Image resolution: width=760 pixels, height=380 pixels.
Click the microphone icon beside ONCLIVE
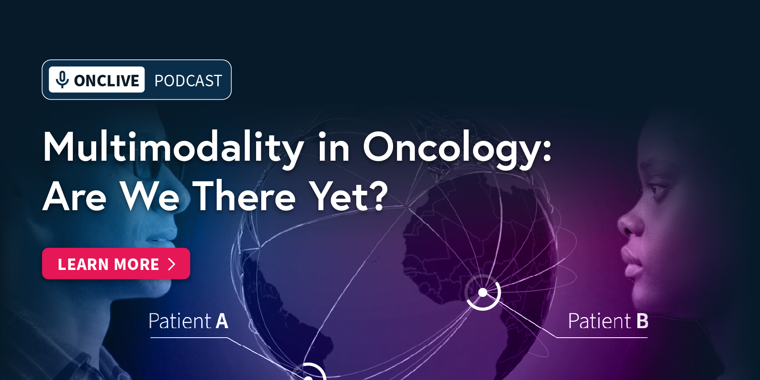62,79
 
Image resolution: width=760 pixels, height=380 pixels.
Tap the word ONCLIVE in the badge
106,81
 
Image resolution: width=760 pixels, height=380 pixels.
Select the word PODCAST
188,81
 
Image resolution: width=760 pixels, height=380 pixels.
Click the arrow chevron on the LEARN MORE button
172,264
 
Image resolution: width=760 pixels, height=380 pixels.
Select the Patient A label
188,321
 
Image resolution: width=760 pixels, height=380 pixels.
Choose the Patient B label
608,321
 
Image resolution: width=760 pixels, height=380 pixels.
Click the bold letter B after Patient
642,321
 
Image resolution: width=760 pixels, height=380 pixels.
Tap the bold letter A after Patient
222,321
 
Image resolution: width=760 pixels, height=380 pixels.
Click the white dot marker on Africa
483,293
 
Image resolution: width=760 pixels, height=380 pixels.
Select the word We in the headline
150,196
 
